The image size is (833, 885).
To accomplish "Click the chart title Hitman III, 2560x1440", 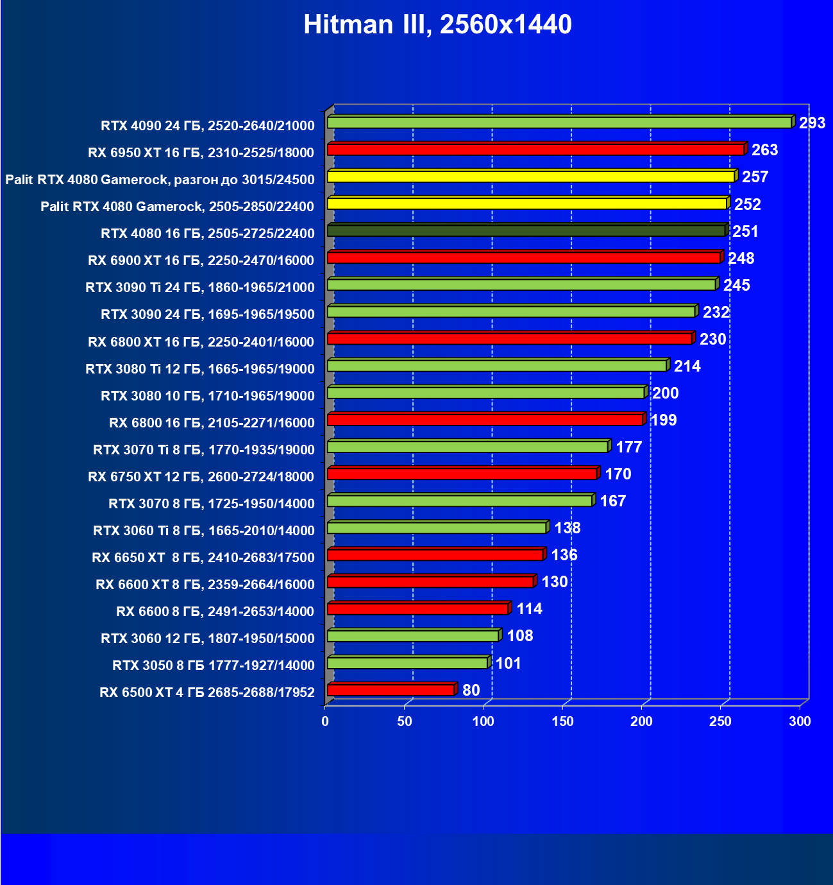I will [437, 24].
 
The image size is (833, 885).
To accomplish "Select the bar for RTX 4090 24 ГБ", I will [559, 123].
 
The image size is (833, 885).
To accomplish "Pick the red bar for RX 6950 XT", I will [535, 150].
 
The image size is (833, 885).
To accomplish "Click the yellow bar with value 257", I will [531, 176].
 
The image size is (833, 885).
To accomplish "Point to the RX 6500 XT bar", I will [391, 691].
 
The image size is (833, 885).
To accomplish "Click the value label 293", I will [812, 123].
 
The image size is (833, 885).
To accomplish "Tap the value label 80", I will [471, 691].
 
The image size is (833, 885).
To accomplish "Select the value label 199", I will [663, 420].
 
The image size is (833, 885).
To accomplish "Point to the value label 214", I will [687, 366].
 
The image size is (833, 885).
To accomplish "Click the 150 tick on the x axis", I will [562, 721].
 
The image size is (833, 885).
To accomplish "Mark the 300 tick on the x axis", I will [800, 721].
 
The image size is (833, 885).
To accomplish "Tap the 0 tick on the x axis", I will [326, 721].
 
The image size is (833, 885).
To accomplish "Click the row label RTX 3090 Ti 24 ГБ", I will [200, 288].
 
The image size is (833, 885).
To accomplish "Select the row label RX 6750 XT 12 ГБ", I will [201, 477].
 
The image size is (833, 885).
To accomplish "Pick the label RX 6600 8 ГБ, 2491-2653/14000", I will [215, 612].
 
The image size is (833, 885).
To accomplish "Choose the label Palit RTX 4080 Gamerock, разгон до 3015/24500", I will [160, 180].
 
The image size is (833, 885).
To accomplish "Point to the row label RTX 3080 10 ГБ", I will [208, 396].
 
